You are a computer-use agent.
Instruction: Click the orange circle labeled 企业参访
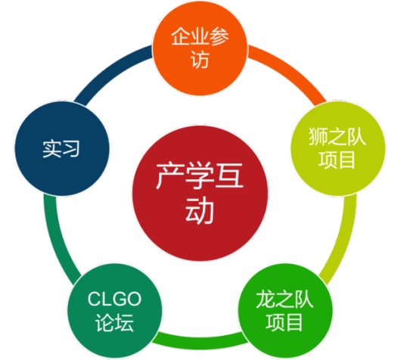[x=200, y=48]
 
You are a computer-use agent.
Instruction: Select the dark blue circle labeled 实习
[x=62, y=148]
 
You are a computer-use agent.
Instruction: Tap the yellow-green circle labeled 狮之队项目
[x=338, y=148]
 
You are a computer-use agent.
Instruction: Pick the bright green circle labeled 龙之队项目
[x=285, y=311]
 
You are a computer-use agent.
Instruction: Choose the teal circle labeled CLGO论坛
[x=115, y=311]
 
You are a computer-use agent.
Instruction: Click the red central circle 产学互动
[x=200, y=194]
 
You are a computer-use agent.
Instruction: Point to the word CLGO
[x=114, y=299]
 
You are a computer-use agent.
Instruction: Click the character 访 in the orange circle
[x=200, y=60]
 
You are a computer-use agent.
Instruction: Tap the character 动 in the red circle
[x=200, y=212]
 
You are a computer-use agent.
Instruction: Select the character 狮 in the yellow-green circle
[x=319, y=137]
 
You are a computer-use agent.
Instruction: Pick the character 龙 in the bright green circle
[x=266, y=299]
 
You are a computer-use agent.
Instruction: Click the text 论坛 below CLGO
[x=115, y=322]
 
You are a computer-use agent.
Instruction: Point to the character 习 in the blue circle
[x=71, y=148]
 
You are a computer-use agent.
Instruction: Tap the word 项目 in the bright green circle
[x=284, y=322]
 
